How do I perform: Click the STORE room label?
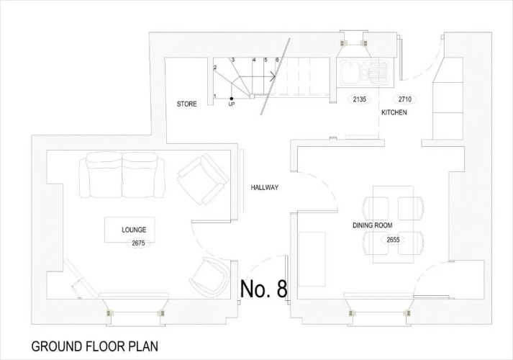(186, 104)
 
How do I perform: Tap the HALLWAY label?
(264, 187)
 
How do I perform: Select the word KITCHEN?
(394, 112)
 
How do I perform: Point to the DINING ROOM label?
(372, 225)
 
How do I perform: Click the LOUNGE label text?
(134, 230)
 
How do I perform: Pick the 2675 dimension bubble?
(138, 243)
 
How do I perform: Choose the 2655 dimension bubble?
(393, 240)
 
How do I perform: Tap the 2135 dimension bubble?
(359, 99)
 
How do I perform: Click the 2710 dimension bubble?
(404, 99)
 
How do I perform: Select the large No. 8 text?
(264, 289)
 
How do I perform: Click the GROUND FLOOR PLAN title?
(94, 346)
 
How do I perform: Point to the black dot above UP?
(231, 99)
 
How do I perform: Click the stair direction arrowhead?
(273, 77)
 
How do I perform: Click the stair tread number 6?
(277, 60)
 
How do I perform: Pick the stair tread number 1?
(215, 96)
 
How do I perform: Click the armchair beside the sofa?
(203, 179)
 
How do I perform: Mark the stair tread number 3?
(233, 60)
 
